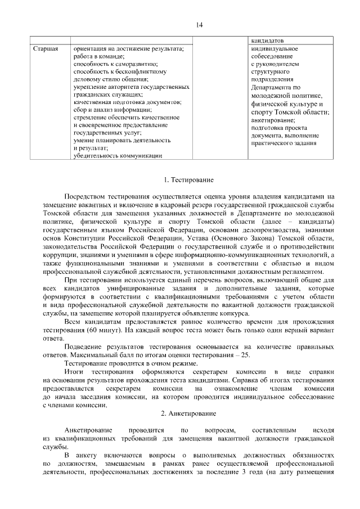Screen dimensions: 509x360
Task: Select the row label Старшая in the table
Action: click(44, 48)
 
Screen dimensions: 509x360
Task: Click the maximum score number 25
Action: click(244, 356)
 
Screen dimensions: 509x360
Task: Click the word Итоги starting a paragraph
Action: click(73, 372)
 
